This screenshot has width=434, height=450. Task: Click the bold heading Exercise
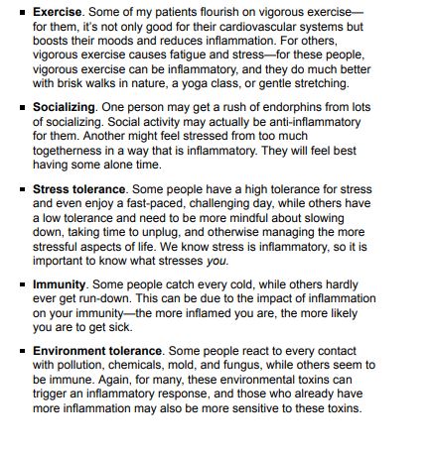tap(58, 11)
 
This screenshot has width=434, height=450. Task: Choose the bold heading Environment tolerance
tap(96, 351)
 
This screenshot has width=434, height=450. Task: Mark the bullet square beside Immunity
tap(23, 285)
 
